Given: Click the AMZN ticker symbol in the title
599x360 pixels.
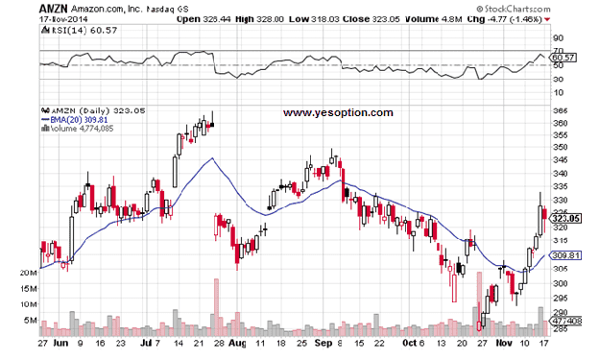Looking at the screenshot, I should [x=52, y=7].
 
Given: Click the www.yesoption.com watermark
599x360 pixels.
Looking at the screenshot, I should [x=339, y=112].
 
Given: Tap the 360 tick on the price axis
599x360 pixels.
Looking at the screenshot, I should [x=562, y=123].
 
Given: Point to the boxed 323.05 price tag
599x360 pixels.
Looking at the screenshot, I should [x=568, y=219].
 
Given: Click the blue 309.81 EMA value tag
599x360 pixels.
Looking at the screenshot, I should [x=568, y=255].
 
